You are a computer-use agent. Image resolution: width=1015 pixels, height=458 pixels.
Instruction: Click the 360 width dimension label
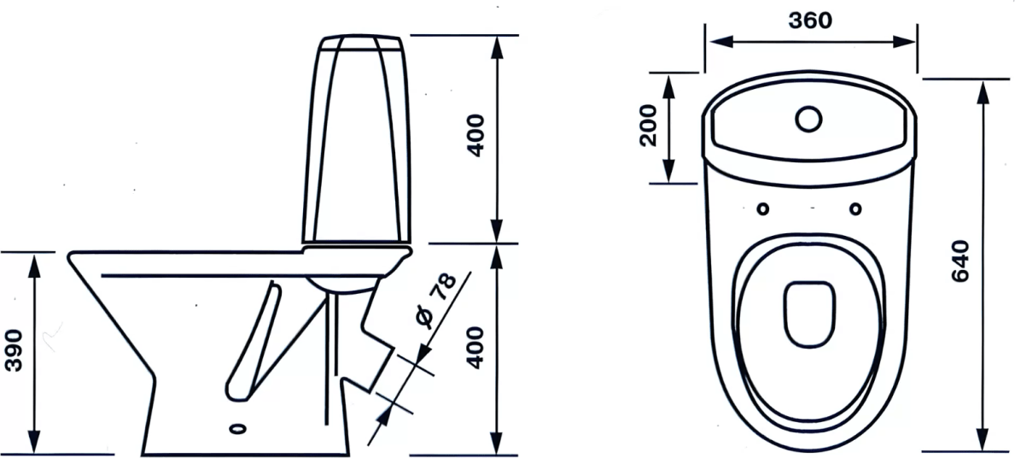pos(810,21)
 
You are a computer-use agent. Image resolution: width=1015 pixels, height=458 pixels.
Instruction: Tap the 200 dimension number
pos(648,126)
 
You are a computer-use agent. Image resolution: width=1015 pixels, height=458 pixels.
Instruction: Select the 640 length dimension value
pos(960,261)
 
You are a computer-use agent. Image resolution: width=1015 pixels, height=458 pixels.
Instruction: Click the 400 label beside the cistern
pos(475,135)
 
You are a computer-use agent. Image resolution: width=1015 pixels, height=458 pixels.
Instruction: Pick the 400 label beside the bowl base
pos(475,348)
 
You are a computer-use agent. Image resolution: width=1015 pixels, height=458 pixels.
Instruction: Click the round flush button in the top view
pos(808,119)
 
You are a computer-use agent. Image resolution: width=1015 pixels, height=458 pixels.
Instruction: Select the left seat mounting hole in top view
pos(763,208)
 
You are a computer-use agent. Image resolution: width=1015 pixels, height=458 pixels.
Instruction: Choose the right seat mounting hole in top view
pos(855,208)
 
